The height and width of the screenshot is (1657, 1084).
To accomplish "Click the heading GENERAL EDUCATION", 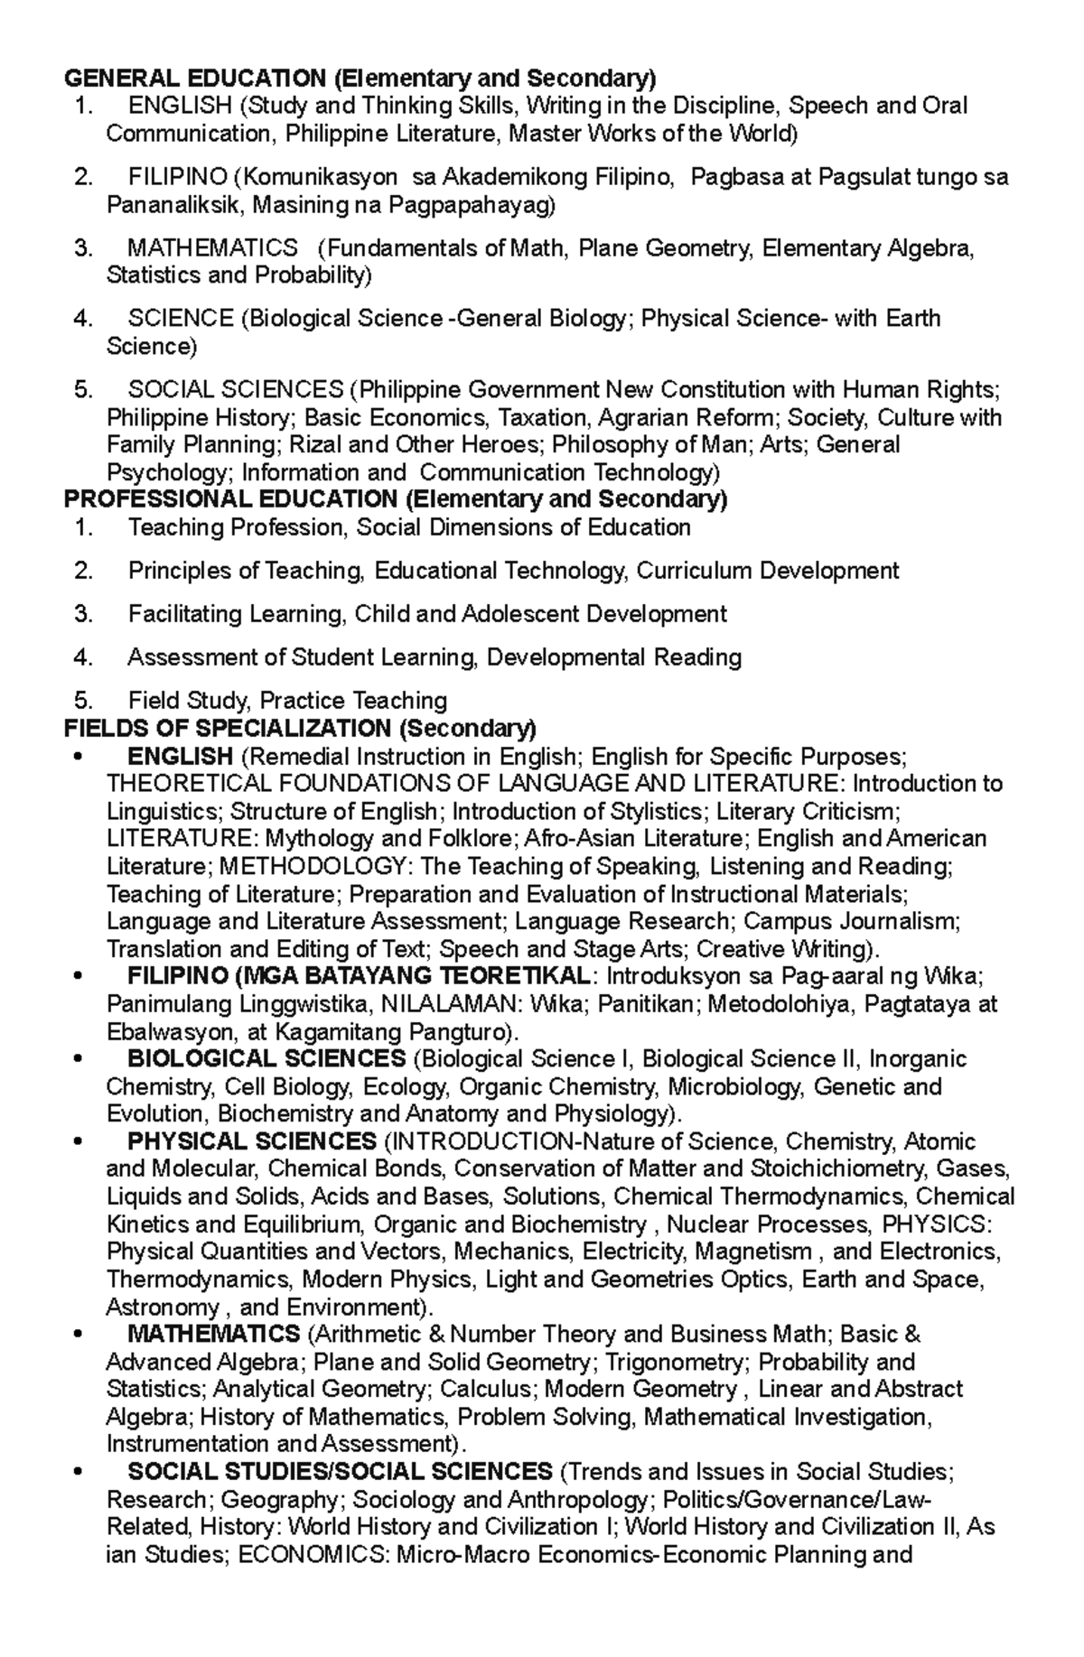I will point(195,78).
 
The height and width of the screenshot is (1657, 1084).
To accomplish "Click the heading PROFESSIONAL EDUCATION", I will point(230,499).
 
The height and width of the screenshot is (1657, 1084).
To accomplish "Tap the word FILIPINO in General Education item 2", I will point(176,177).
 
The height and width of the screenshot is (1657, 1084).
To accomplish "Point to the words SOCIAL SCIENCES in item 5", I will point(236,389).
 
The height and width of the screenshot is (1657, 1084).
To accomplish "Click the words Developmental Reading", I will point(614,657).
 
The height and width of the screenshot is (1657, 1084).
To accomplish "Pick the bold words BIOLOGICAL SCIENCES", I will point(266,1058).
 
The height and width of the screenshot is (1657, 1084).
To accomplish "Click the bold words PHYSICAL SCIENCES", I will point(252,1141).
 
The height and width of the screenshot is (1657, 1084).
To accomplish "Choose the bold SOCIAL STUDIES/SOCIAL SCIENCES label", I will point(340,1472).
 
